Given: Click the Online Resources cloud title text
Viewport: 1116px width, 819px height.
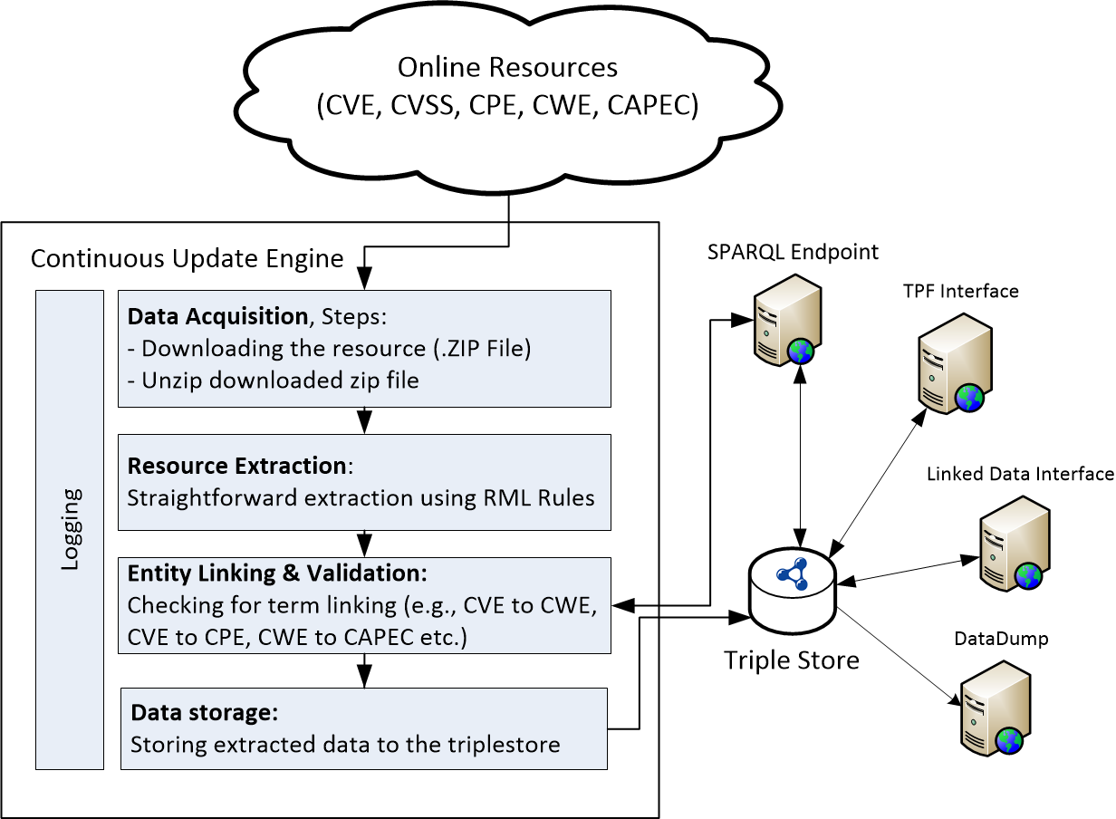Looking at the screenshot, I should pos(508,68).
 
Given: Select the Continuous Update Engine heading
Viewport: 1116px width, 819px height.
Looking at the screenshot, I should pos(187,259).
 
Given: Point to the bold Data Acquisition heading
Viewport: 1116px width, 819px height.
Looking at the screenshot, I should pos(217,316).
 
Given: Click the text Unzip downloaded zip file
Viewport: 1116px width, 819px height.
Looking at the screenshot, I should pos(280,380).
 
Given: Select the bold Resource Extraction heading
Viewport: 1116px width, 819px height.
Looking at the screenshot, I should pos(237,466).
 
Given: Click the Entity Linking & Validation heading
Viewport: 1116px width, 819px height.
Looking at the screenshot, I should pos(276,573).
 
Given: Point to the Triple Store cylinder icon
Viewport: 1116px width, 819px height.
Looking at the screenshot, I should pos(793,593).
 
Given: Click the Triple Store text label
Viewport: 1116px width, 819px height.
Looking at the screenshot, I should pos(792,660).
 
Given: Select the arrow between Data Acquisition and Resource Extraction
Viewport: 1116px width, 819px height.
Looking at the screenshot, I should pos(364,420).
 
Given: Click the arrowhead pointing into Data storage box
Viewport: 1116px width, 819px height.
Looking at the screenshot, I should pos(364,679).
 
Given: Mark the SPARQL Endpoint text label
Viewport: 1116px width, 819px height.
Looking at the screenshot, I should pos(793,251).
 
